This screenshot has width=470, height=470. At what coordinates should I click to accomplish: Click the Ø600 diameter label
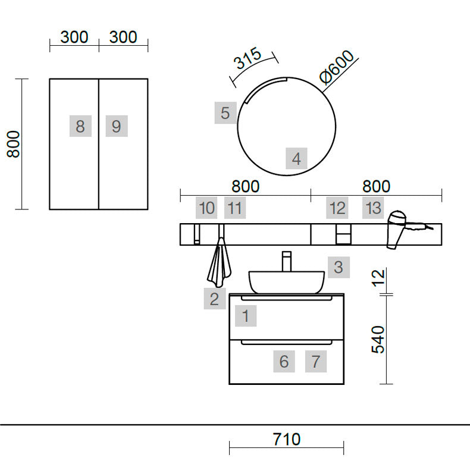click(337, 67)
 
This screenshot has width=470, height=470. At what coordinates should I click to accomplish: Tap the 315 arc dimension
click(247, 58)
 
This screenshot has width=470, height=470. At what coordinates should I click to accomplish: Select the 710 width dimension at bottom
click(286, 439)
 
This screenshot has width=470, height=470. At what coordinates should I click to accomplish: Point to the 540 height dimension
click(378, 339)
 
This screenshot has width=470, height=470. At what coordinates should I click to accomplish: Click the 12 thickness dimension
click(378, 278)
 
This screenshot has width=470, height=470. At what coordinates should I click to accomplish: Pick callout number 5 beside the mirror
click(225, 113)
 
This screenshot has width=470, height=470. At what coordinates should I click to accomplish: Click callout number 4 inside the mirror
click(296, 159)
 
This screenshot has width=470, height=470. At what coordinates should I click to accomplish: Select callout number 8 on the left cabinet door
click(80, 126)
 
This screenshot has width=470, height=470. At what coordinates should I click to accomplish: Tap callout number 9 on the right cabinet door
click(117, 126)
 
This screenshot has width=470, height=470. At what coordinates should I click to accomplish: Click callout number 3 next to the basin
click(339, 267)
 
